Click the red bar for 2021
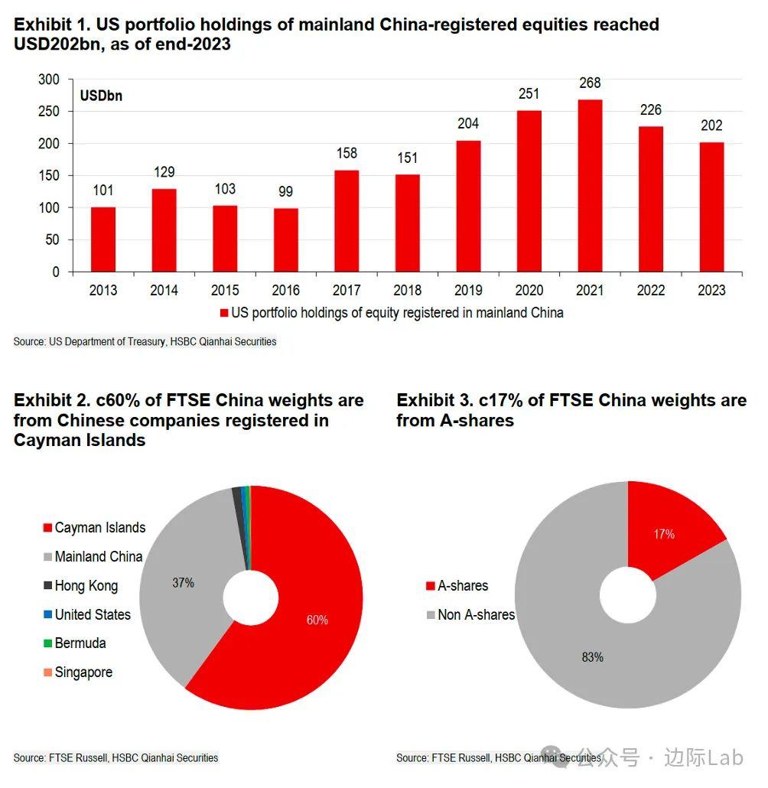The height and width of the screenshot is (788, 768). [x=590, y=185]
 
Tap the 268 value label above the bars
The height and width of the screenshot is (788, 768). [x=590, y=83]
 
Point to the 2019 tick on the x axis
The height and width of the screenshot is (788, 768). [x=468, y=290]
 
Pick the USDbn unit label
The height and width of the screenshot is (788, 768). [x=101, y=96]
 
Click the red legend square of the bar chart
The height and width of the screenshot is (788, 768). [x=224, y=313]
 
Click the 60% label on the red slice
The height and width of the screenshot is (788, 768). [x=317, y=620]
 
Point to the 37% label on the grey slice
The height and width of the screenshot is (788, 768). [x=183, y=583]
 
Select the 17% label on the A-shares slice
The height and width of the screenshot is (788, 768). [x=664, y=534]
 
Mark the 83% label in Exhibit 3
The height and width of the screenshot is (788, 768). [x=592, y=656]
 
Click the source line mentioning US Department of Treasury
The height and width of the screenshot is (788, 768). [x=145, y=341]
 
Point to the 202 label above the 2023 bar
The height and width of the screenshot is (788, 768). [x=711, y=125]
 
